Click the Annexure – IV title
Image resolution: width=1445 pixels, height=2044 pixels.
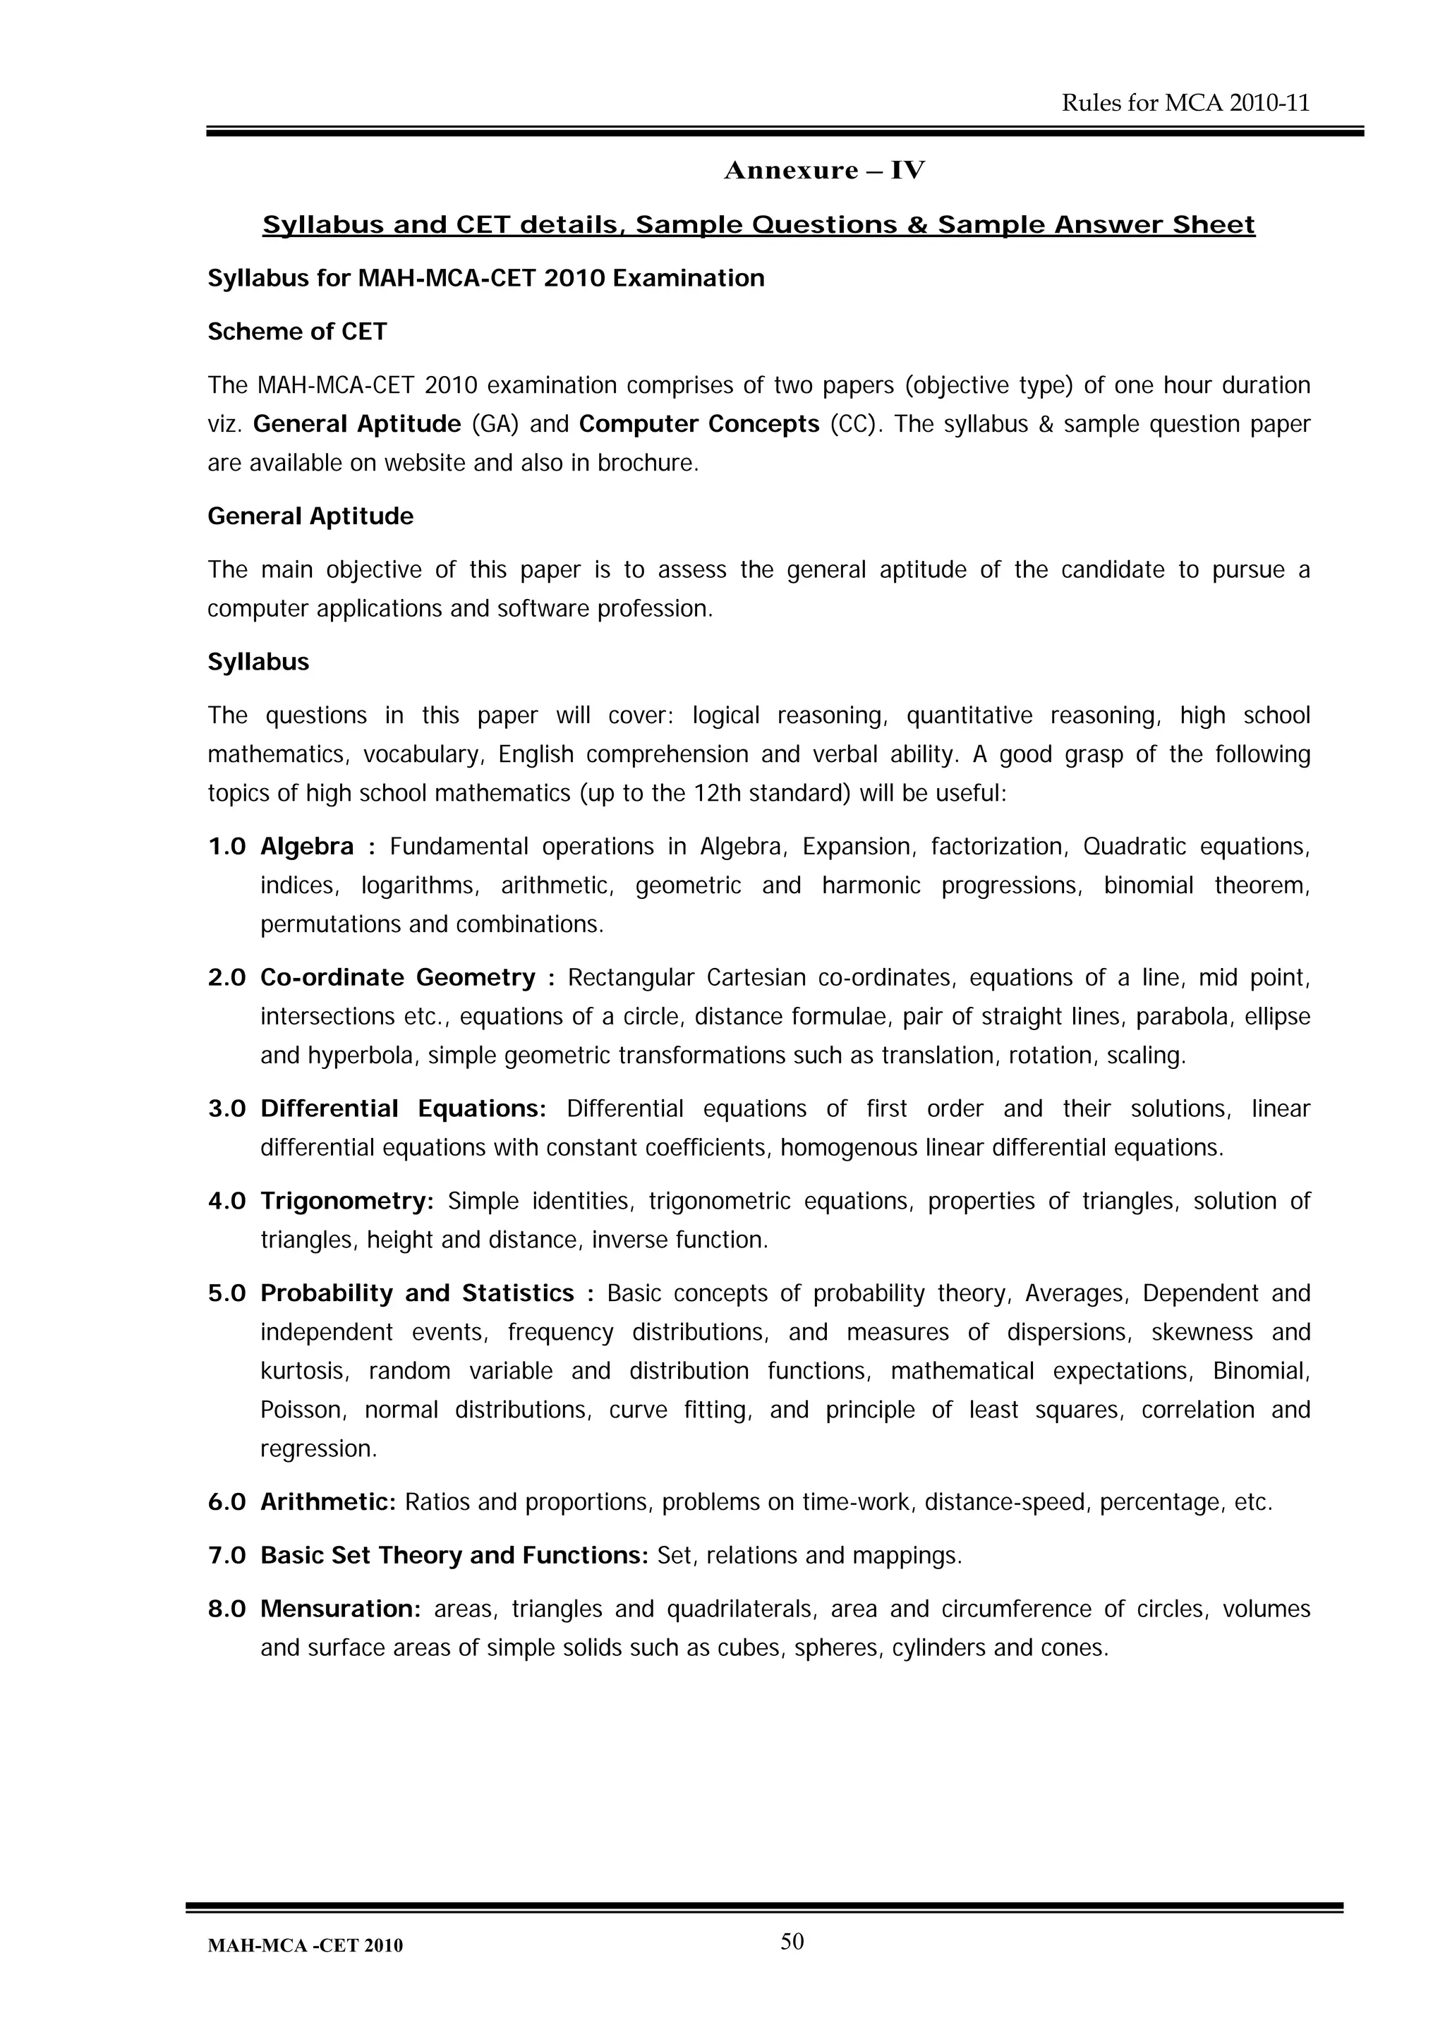(x=823, y=170)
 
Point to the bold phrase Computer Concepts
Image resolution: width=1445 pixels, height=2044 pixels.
(x=699, y=424)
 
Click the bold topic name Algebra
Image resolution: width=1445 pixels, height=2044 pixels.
(x=306, y=847)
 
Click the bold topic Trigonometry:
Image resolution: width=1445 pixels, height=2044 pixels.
(x=346, y=1201)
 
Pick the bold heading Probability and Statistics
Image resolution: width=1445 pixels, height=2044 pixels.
(x=417, y=1293)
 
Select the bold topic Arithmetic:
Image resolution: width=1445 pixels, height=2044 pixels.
(x=327, y=1503)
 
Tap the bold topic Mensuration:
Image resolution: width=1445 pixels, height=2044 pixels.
(x=339, y=1609)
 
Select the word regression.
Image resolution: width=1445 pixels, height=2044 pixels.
(x=318, y=1449)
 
